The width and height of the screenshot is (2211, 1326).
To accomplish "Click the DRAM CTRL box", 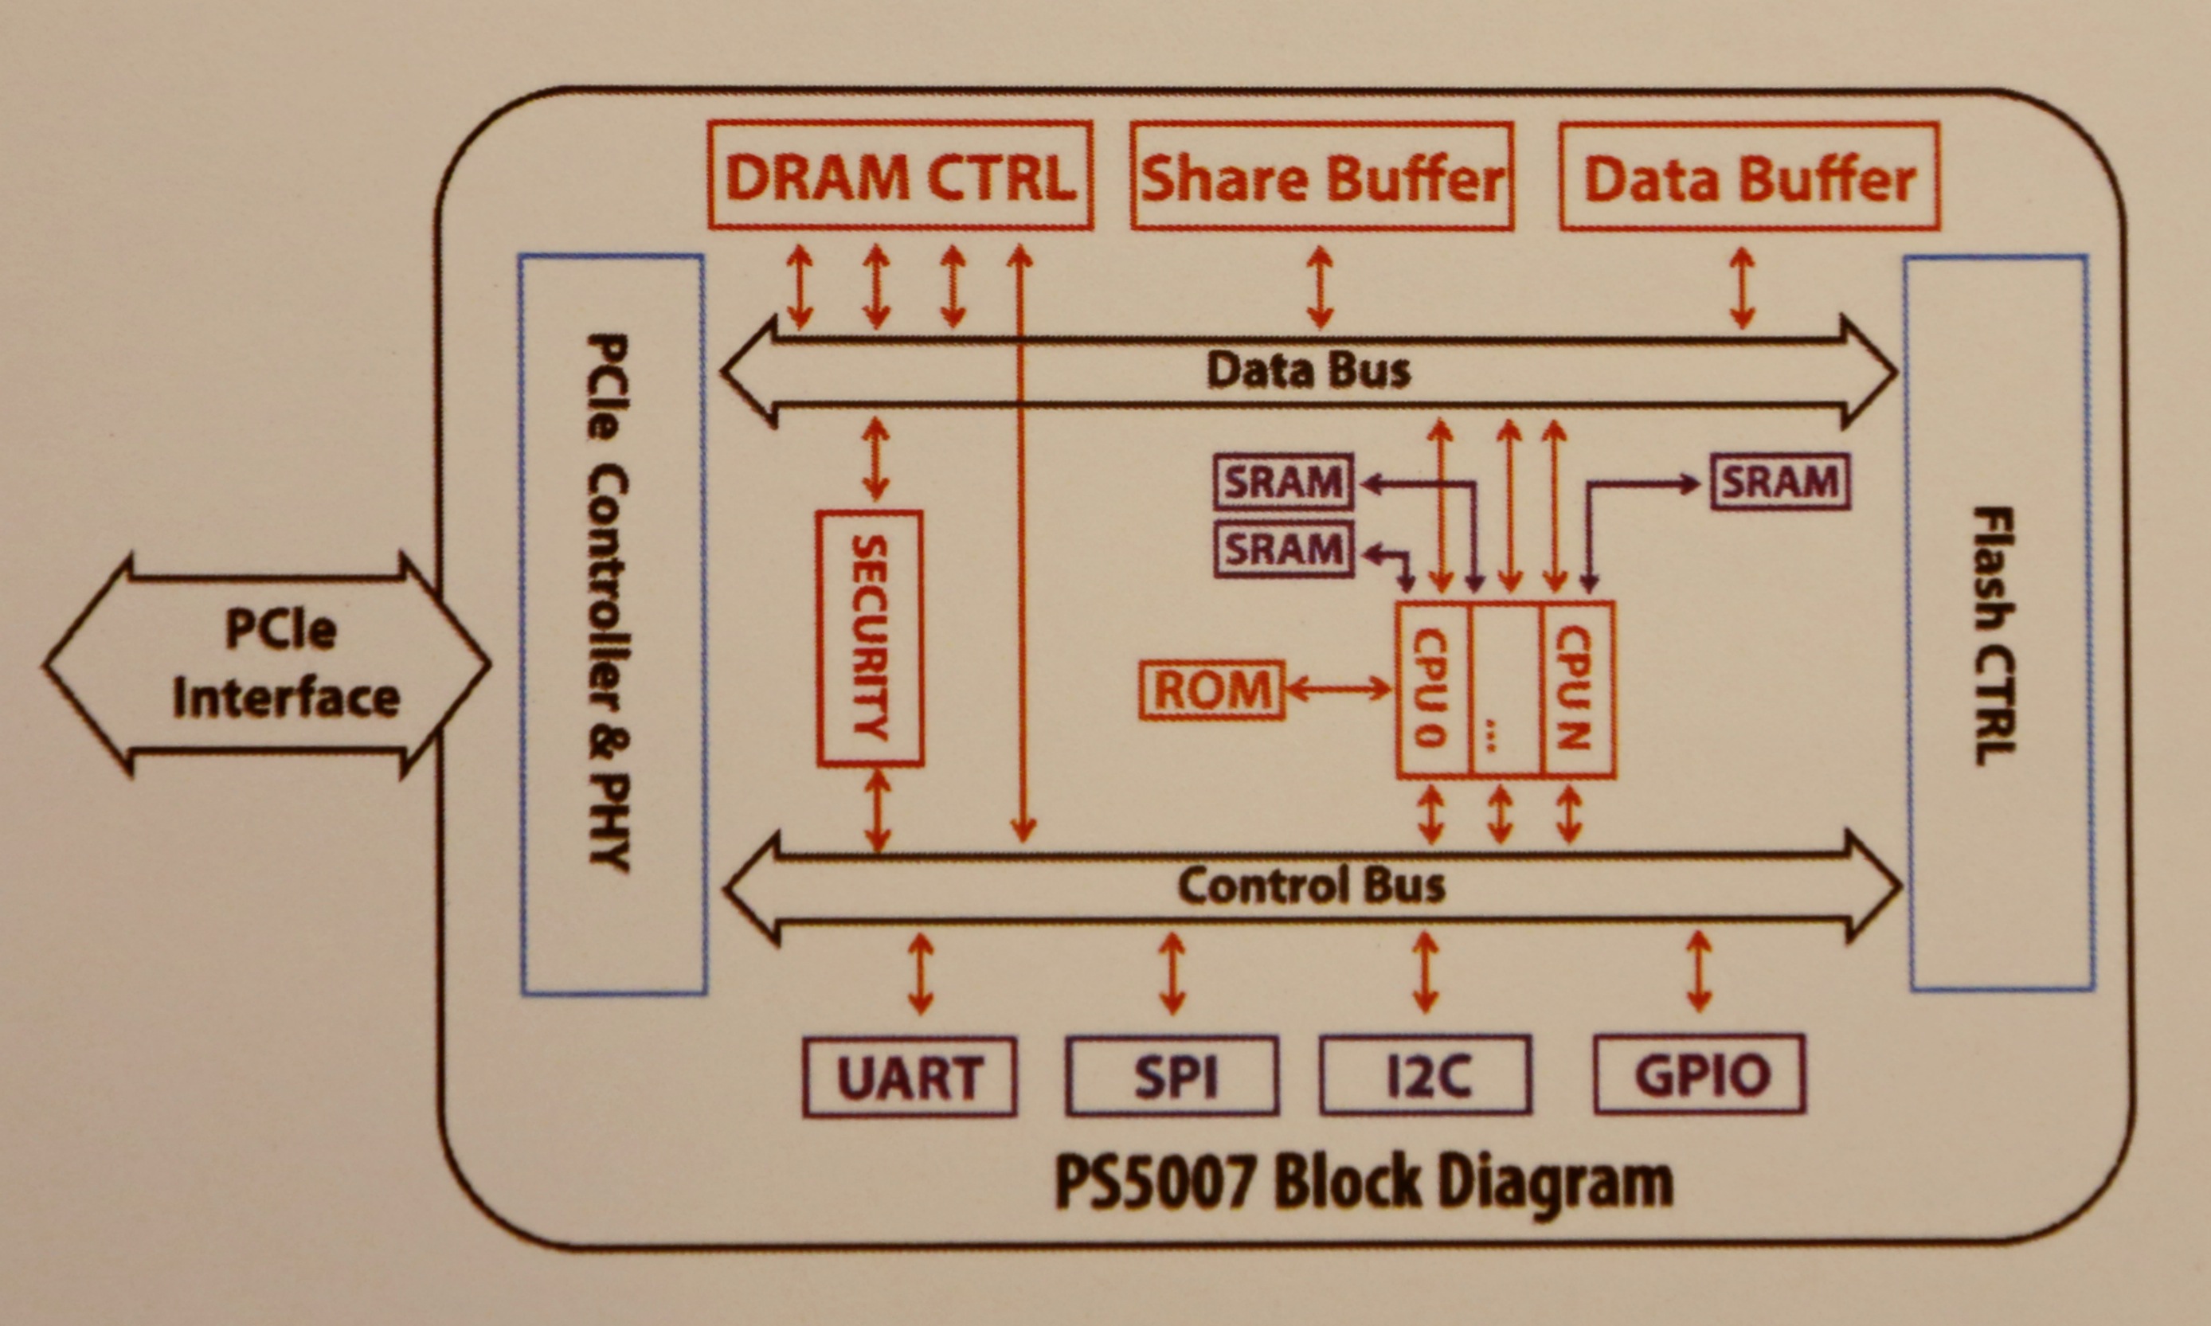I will [x=899, y=176].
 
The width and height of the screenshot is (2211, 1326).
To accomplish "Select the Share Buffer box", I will [x=1321, y=177].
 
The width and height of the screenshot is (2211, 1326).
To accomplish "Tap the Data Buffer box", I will [x=1749, y=178].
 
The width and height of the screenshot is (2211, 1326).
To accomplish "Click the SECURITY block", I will [x=869, y=638].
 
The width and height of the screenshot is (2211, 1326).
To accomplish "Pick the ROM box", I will [x=1212, y=690].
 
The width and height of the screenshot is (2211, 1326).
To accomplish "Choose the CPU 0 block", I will [x=1433, y=689].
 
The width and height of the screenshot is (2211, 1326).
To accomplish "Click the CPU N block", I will [x=1577, y=689].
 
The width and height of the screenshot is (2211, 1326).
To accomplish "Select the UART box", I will [x=910, y=1077].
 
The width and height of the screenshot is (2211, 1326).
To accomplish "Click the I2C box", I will [x=1426, y=1075].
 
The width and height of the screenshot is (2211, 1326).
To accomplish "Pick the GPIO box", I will [x=1700, y=1074].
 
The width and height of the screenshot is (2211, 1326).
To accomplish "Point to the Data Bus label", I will [x=1308, y=370].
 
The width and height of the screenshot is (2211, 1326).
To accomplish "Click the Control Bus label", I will [x=1310, y=886].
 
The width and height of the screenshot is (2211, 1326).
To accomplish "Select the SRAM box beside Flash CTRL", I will [x=1779, y=483].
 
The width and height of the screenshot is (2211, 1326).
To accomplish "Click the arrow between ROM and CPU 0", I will [x=1338, y=689].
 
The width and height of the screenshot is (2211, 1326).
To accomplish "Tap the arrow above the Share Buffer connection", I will [x=1320, y=287].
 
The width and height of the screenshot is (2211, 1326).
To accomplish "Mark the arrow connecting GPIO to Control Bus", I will [x=1699, y=972].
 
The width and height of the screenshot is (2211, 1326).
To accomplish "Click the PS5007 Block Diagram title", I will [x=1364, y=1181].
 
